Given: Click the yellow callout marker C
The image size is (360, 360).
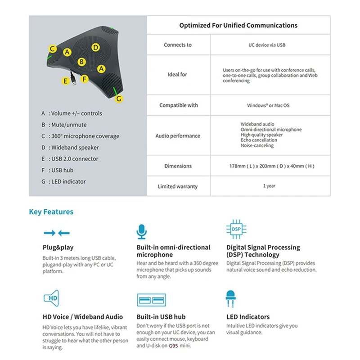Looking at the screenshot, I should pos(53,49).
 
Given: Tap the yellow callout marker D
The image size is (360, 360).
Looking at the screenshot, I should pos(95,47).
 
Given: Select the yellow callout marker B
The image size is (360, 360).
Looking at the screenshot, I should pos(81,62).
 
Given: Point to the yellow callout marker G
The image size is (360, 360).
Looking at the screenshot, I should pos(119,99).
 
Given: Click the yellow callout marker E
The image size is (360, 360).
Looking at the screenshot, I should pos(66,81).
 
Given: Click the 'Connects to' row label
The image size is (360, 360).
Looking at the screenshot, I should pos(178,45).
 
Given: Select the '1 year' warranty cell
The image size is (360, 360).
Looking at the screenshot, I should pos(269,186).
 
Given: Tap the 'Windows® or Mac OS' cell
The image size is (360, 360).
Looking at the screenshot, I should pos(268,105).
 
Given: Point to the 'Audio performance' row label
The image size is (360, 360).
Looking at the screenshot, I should pos(178,136).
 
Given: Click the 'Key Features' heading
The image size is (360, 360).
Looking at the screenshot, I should pos(51,211).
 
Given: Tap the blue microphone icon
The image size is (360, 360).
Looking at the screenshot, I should pos(142,231).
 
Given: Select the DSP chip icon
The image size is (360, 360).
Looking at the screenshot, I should pos(236,229).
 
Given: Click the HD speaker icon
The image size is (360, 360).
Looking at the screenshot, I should pos(51,298).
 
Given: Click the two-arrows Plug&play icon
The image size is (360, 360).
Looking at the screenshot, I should pos(57,233).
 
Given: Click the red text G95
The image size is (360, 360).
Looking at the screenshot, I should pos(173,346).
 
